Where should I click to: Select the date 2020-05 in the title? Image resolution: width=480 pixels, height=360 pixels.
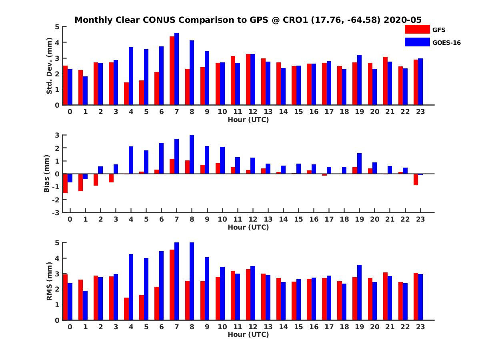402,20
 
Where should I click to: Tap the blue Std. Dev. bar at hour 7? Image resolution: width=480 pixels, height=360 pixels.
176,69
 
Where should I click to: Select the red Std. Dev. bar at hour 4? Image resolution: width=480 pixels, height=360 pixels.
126,94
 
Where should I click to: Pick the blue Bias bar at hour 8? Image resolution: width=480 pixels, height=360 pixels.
192,154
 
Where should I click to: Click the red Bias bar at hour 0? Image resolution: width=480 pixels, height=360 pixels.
65,183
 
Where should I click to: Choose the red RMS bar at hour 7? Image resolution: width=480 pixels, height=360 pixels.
172,285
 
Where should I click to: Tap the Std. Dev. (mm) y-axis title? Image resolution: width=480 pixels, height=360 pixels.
50,66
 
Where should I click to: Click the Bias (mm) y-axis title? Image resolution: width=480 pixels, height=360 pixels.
46,174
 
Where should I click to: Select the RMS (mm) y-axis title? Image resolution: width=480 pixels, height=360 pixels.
50,281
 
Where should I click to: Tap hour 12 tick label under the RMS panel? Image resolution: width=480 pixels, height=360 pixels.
253,326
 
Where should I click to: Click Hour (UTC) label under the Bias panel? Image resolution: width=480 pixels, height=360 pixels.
248,227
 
